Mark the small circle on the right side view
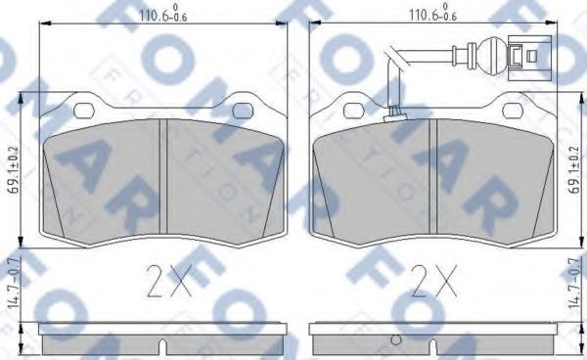tap(395, 340)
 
